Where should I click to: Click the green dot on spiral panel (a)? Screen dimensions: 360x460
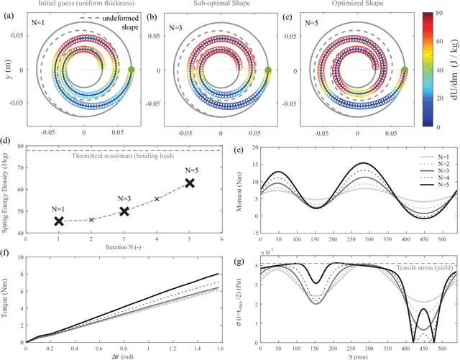coord(132,70)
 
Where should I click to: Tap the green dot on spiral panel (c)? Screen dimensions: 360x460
coord(405,70)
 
